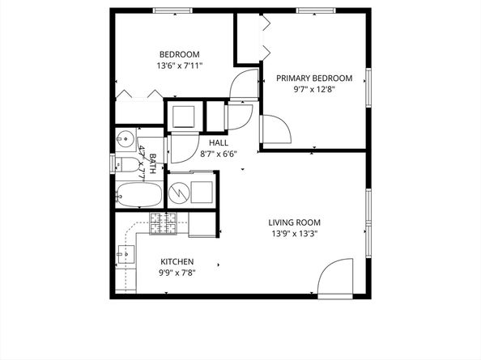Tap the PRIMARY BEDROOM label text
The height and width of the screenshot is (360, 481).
click(x=314, y=78)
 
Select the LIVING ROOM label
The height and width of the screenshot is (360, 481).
click(x=295, y=222)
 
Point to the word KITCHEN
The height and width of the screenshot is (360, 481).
click(x=177, y=261)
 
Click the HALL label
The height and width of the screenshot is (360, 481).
click(x=218, y=142)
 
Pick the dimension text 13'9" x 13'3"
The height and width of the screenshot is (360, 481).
click(x=295, y=235)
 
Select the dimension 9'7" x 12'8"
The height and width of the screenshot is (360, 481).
click(x=314, y=91)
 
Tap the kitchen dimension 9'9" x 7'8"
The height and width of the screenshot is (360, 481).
click(x=177, y=273)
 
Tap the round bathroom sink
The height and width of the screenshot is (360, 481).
click(x=125, y=139)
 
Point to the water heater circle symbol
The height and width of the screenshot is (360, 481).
click(x=178, y=193)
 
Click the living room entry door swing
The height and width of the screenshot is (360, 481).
click(x=334, y=279)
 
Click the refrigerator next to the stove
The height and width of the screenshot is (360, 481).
click(x=202, y=226)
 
